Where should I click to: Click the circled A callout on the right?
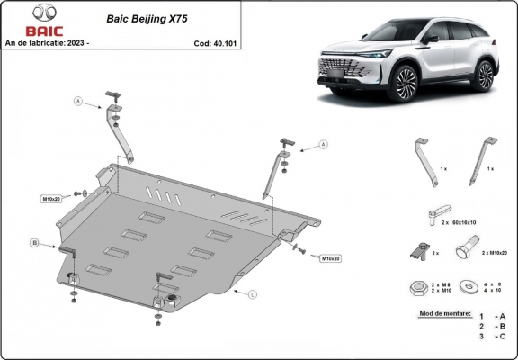321,144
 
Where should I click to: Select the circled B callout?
34,242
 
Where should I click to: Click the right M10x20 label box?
330,258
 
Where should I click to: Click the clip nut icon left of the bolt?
416,250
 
